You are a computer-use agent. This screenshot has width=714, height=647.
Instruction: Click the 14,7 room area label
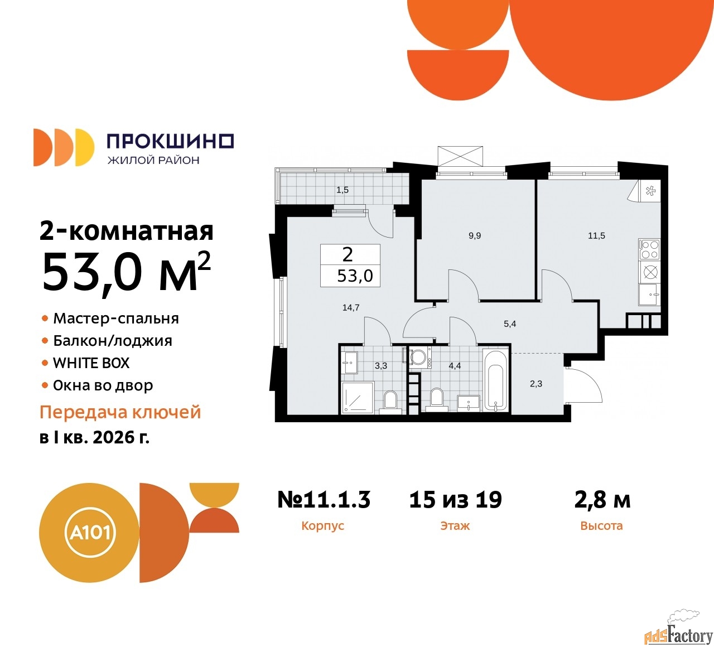pos(351,307)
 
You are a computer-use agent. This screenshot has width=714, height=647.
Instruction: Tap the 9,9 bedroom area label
pos(475,236)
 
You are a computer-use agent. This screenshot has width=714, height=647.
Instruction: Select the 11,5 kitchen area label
pos(596,236)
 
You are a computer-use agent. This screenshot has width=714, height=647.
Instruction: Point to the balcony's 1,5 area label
pos(342,190)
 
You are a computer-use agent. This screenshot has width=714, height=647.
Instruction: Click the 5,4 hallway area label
pos(510,323)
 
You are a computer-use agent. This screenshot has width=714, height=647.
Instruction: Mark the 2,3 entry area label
pos(536,384)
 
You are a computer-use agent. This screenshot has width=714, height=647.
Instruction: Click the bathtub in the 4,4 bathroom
pos(495,382)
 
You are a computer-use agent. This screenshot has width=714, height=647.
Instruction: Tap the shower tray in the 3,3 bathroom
pos(357,397)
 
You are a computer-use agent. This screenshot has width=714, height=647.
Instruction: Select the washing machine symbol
pos(419,358)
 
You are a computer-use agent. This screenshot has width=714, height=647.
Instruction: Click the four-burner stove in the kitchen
pos(649,249)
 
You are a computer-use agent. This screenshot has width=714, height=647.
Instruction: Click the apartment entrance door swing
pos(585,385)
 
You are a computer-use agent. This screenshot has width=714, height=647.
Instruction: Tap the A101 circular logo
pos(89,532)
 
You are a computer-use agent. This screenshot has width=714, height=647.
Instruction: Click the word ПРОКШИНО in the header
pos(170,142)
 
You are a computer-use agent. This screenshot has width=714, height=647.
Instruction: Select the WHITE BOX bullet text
pos(91,363)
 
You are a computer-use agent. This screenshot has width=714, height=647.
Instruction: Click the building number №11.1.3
pos(324,500)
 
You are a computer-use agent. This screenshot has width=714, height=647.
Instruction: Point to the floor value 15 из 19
pos(455,500)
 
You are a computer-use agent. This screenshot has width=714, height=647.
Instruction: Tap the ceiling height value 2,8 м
pos(602,500)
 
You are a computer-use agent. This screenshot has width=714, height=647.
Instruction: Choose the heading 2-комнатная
pos(127,231)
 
